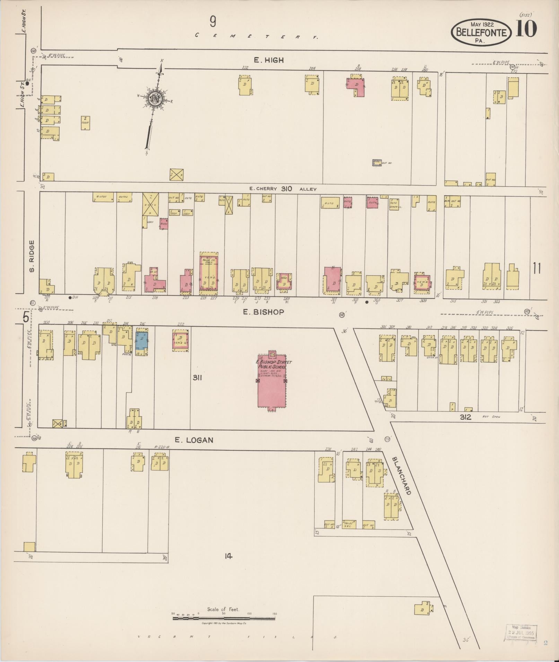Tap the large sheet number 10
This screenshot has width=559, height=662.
click(x=526, y=29)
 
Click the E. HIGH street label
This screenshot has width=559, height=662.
click(x=269, y=60)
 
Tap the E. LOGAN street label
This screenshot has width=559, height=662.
click(x=194, y=440)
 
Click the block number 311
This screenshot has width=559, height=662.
click(x=197, y=378)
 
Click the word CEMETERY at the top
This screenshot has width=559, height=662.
click(x=256, y=36)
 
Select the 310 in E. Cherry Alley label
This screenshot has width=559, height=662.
click(x=287, y=189)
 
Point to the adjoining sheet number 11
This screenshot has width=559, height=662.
click(x=537, y=268)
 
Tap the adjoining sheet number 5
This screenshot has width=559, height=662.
click(x=26, y=317)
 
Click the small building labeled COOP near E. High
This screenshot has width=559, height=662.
click(x=86, y=123)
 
